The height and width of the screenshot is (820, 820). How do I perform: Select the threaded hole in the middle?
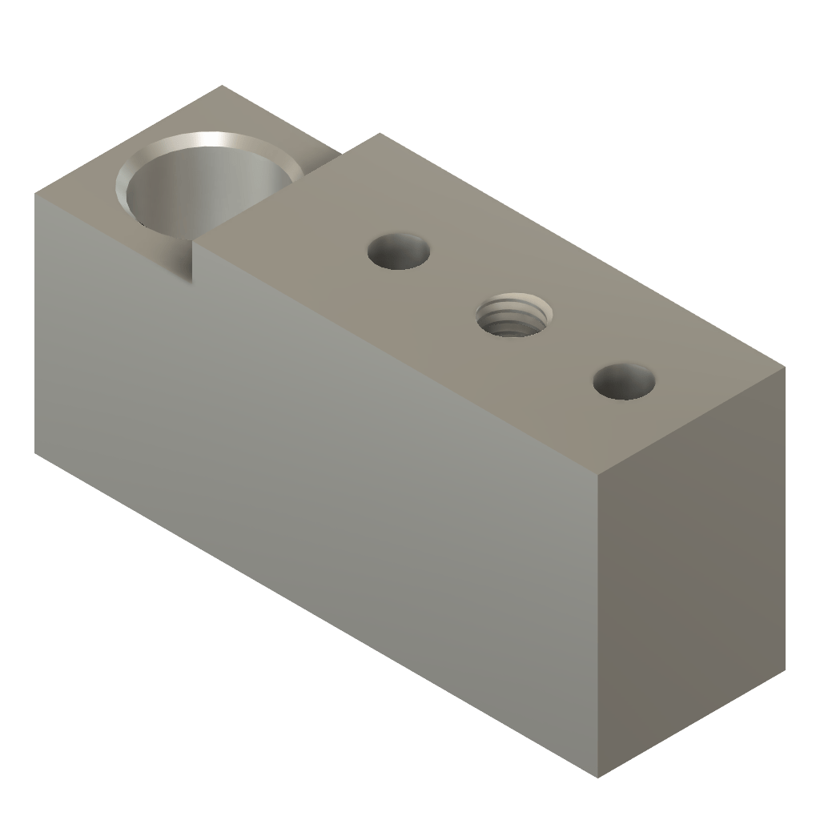coord(512,316)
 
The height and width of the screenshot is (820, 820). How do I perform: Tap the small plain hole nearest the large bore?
coord(399,251)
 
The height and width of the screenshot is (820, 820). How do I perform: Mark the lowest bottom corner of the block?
coord(598,777)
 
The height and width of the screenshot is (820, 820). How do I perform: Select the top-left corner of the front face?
coord(35,193)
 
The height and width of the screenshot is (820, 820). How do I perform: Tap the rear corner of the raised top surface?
coord(376,134)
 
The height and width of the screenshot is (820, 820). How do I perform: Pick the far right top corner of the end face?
coord(786,367)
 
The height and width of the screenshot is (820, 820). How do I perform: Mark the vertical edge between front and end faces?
coord(598,625)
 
